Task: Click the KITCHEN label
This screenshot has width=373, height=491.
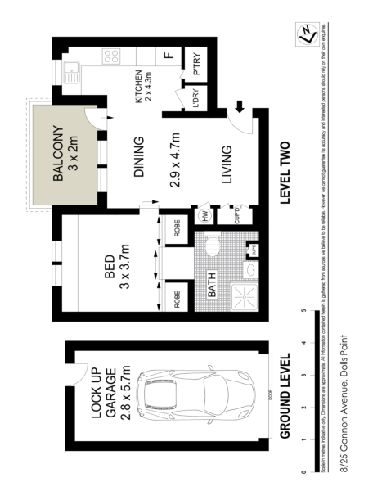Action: point(144,86)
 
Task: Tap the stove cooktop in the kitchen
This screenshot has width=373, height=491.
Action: point(111,58)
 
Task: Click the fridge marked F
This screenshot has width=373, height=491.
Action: point(168,56)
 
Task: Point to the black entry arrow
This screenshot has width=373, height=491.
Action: point(240,106)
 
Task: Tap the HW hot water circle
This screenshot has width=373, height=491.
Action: point(204,216)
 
